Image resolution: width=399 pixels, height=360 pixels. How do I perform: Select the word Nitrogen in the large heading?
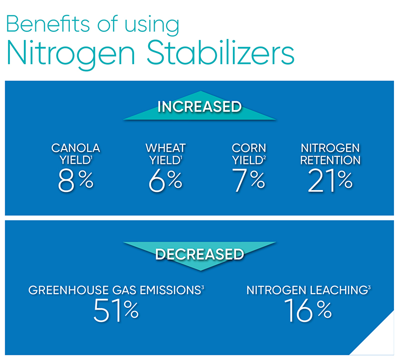(70, 54)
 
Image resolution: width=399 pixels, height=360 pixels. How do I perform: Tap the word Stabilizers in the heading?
(220, 52)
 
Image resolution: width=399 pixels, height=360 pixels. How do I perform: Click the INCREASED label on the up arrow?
(199, 107)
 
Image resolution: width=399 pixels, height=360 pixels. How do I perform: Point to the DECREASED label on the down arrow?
(200, 254)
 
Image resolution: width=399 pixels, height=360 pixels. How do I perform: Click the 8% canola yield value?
(76, 180)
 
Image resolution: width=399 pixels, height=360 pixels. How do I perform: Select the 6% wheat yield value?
(166, 180)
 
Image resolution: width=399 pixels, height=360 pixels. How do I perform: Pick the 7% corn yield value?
(248, 180)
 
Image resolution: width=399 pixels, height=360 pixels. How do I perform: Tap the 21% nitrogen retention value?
(330, 180)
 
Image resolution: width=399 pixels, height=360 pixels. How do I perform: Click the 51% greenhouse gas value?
(116, 311)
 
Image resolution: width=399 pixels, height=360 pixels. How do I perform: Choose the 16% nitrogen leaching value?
(308, 311)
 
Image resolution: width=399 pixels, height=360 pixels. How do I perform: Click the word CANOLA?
(76, 148)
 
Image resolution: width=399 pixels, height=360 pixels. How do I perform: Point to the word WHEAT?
(166, 148)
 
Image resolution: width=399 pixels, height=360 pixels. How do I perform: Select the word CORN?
(249, 148)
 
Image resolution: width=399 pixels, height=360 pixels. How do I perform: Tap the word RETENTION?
(330, 160)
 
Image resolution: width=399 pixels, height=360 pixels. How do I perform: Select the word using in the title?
(152, 25)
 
